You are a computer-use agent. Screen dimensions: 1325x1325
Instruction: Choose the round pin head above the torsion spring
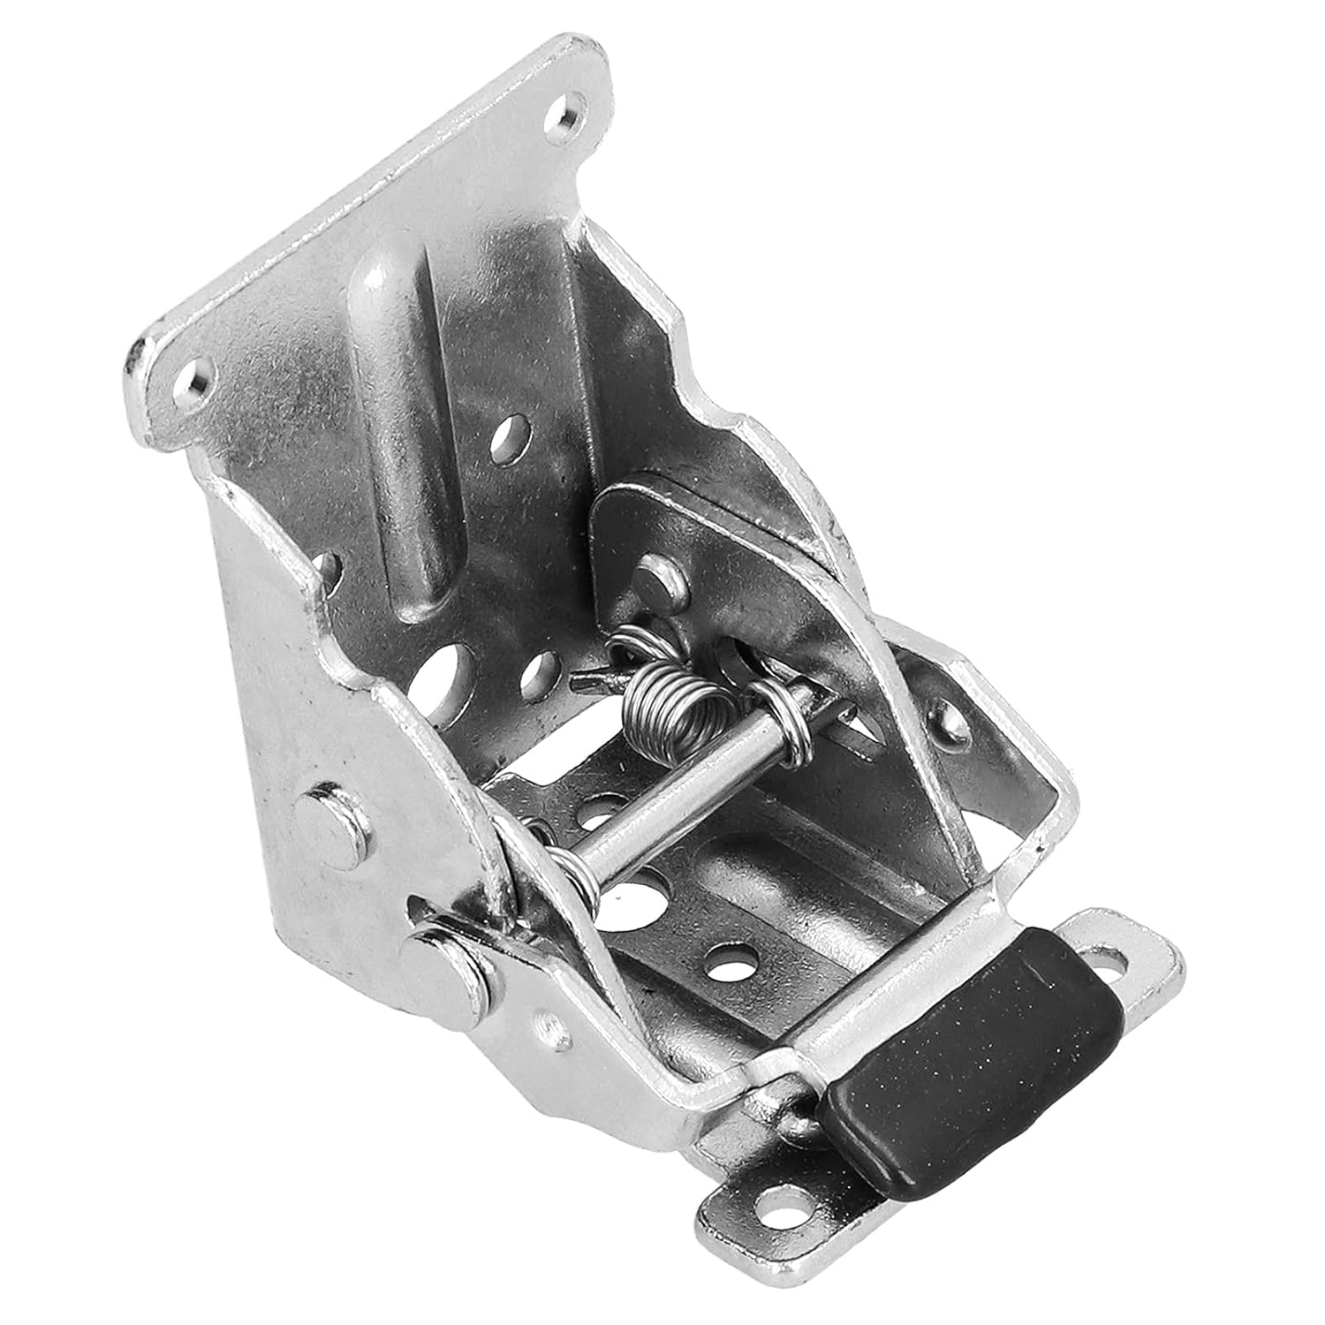658,579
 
